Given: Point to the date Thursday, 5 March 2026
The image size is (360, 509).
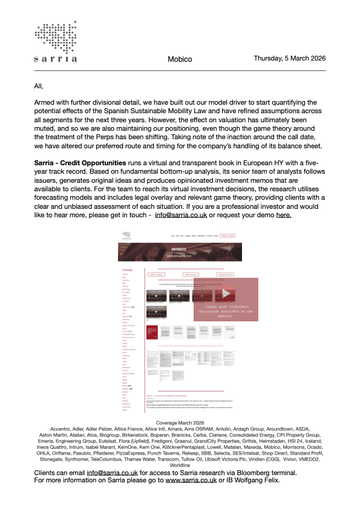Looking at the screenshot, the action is (290, 59).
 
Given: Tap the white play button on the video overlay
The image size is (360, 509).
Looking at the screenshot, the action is (226, 294).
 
